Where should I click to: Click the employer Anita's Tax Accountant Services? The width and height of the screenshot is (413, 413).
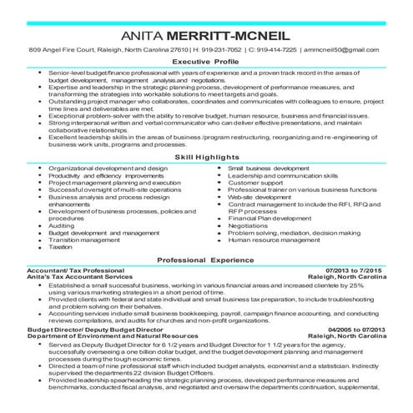79,278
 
